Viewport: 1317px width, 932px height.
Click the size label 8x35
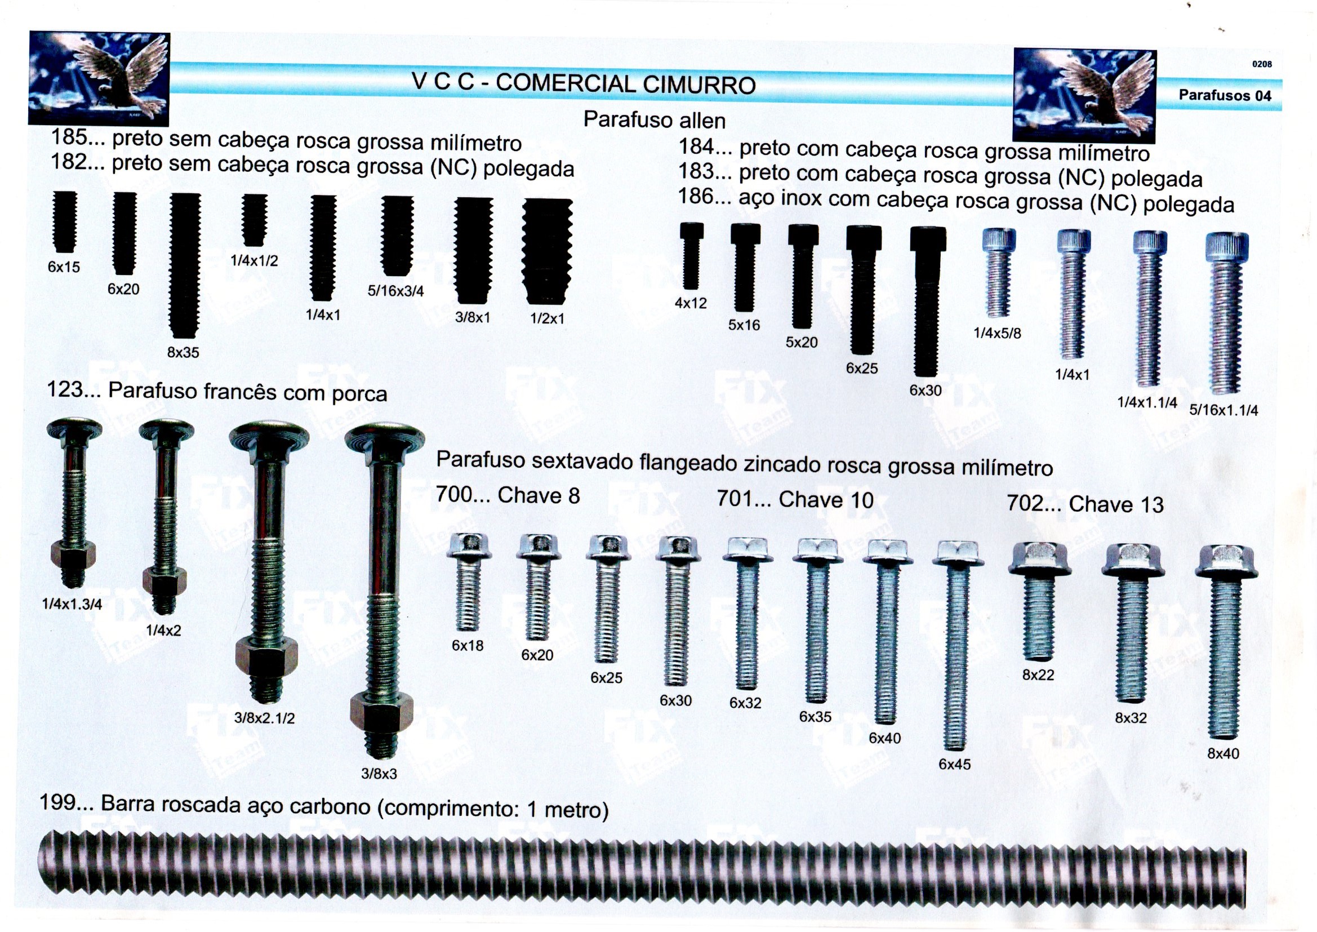pos(183,352)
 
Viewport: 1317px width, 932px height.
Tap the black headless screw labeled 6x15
pos(65,222)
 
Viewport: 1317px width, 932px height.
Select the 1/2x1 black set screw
pos(547,251)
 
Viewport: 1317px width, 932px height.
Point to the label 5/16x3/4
pos(396,291)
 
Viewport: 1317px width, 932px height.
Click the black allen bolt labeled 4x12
pos(691,256)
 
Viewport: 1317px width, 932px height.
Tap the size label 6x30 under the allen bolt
pos(926,390)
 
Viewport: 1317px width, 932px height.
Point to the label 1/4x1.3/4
pos(72,603)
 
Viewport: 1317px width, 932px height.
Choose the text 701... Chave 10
pos(794,500)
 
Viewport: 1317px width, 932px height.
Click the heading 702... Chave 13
pos(1085,504)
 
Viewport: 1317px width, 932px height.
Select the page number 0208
pos(1262,64)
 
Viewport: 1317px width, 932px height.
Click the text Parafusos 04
pos(1225,95)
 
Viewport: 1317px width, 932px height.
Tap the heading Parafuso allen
pos(655,120)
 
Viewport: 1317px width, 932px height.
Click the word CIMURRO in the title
pos(699,85)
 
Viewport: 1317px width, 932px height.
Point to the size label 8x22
pos(1038,675)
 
